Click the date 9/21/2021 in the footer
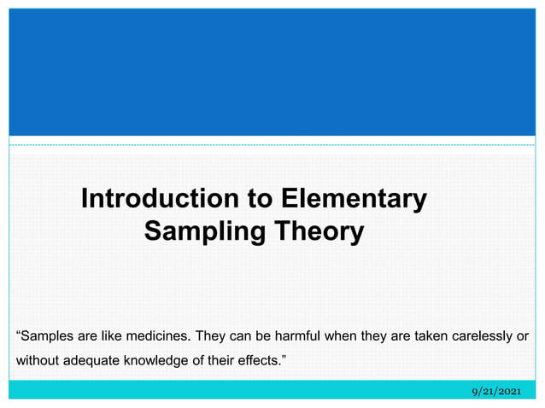pos(496,390)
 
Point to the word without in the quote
pos(38,360)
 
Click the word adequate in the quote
pos(95,360)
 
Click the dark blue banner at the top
pos(272,73)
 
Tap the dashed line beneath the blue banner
pos(272,145)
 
